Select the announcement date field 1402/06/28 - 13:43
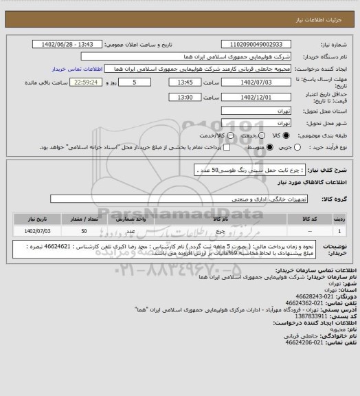point(68,45)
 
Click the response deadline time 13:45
point(185,82)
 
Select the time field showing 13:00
point(185,98)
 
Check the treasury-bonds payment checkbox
point(227,148)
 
